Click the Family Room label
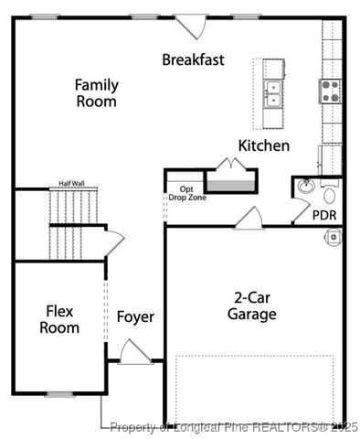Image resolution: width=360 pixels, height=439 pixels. tap(96, 93)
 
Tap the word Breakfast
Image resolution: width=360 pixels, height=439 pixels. tap(194, 59)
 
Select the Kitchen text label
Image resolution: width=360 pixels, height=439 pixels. tap(264, 145)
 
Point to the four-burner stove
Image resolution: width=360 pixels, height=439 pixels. tap(330, 90)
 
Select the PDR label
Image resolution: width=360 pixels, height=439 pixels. tap(324, 216)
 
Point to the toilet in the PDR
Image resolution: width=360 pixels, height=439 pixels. tap(329, 195)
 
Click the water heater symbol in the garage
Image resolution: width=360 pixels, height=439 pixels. tap(334, 236)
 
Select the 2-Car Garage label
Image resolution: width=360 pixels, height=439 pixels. tap(252, 306)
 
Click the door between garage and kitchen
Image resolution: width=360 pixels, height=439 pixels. tap(248, 219)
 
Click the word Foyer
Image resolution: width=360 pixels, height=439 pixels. tap(135, 317)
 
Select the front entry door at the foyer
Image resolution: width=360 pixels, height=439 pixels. tap(135, 352)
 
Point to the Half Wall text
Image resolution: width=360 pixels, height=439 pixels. tap(71, 183)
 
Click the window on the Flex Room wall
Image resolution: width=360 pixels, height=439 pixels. tap(59, 393)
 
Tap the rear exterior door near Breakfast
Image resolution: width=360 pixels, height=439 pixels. tap(192, 26)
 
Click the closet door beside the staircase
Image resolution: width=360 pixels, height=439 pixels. tap(111, 242)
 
